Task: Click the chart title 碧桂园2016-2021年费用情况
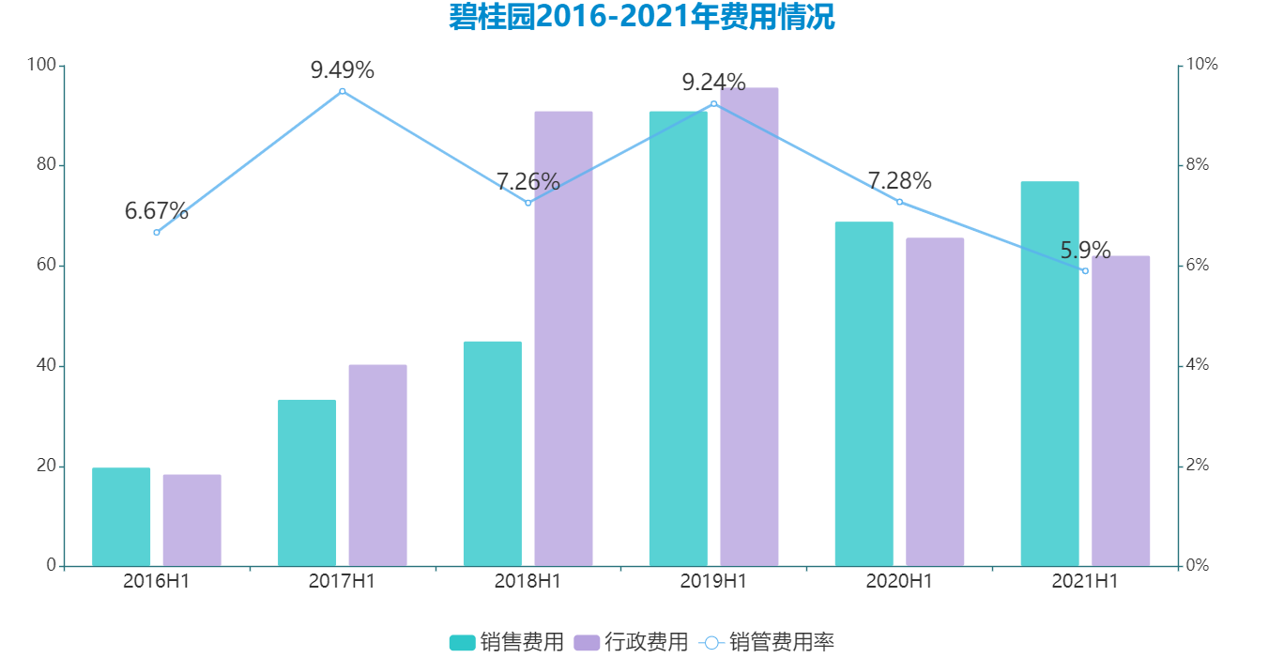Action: click(642, 18)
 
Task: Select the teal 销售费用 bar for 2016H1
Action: click(121, 516)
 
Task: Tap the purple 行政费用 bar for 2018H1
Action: click(563, 338)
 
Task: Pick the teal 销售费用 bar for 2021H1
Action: click(1049, 374)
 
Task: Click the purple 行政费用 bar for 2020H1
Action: click(934, 402)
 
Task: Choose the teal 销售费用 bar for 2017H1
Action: click(307, 482)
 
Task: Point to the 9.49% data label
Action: click(342, 70)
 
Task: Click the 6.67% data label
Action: click(156, 211)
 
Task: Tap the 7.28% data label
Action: click(899, 180)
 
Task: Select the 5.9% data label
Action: click(1085, 251)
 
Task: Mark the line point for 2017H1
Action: click(342, 91)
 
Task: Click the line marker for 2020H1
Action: click(899, 202)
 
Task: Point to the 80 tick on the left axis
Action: click(43, 165)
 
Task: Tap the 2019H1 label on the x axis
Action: click(713, 581)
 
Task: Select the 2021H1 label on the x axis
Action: click(1085, 581)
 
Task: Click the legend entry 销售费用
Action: click(507, 642)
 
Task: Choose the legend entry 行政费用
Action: click(631, 642)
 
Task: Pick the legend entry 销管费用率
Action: click(766, 642)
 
